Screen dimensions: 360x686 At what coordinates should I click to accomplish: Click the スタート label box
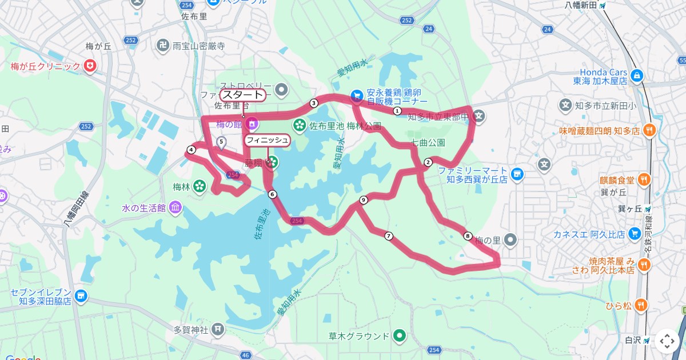pos(243,95)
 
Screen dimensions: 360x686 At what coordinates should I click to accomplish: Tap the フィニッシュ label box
pos(268,139)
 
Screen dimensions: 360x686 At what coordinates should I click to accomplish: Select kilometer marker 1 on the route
pos(397,111)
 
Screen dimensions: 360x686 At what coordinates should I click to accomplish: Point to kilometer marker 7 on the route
pos(389,236)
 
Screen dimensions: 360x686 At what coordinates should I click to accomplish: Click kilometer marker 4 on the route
pos(191,150)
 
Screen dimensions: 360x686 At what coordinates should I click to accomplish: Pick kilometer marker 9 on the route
pos(363,199)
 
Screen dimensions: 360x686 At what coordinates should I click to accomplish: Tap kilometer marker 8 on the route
pos(468,235)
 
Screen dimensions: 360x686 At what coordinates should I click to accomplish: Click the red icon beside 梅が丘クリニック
pos(90,66)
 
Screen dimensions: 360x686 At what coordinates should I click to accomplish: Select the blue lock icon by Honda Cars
pos(636,74)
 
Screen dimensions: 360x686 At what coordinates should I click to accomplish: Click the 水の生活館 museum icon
pos(175,206)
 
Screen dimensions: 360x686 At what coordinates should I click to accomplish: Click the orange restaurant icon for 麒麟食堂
pos(644,179)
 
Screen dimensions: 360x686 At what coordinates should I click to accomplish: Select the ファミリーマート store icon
pos(517,173)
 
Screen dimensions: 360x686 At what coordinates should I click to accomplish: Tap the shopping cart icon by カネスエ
pos(634,234)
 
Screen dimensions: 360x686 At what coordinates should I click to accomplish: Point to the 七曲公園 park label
pos(428,142)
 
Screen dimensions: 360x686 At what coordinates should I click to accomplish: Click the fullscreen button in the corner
pos(667,341)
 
